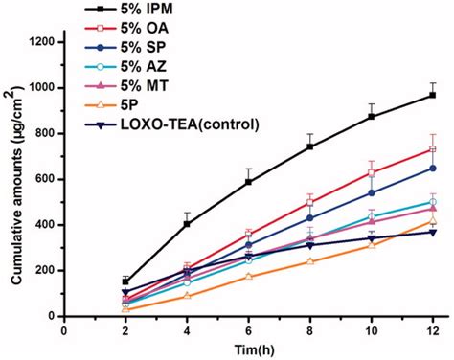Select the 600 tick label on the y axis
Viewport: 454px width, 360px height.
[x=43, y=179]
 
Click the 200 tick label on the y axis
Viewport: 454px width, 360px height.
[x=43, y=270]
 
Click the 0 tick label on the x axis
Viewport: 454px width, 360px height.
[x=64, y=330]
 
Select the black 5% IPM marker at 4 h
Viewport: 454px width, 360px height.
[x=187, y=224]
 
